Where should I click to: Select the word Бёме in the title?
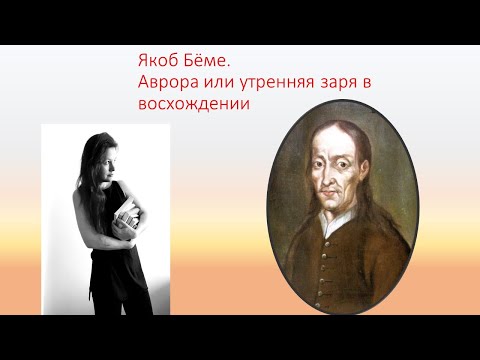[208, 62]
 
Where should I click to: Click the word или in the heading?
[214, 83]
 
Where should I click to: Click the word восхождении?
[194, 103]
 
